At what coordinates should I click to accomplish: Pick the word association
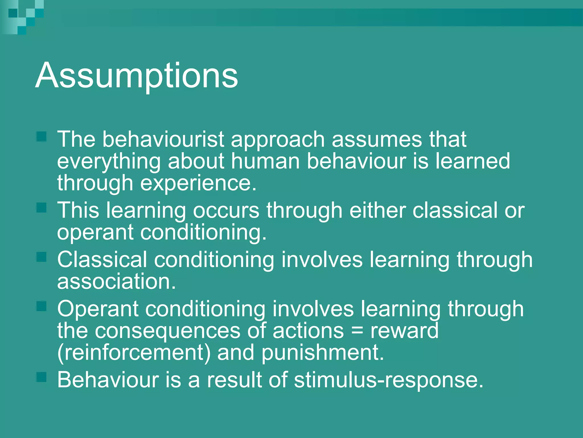tap(116, 281)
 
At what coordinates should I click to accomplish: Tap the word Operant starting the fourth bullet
tap(97, 309)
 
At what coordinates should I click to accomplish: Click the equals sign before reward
tap(357, 331)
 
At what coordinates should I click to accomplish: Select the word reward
tap(404, 331)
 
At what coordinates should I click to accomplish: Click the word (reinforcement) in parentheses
tap(134, 353)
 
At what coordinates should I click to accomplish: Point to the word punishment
tap(323, 353)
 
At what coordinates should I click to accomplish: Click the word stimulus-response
tap(389, 380)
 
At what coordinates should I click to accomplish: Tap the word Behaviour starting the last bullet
tap(108, 380)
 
